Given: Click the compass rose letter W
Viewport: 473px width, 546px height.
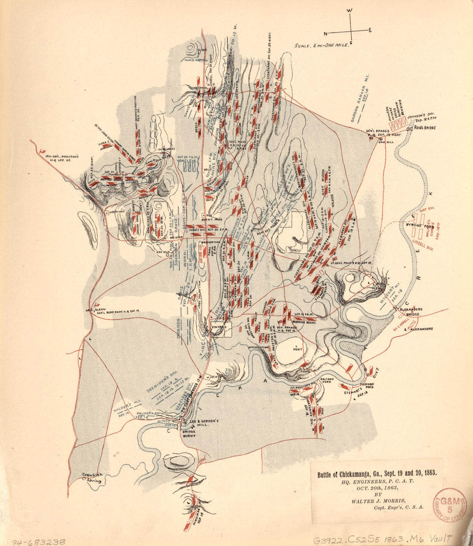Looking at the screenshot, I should point(350,11).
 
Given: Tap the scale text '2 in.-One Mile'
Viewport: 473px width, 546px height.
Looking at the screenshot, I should point(322,45).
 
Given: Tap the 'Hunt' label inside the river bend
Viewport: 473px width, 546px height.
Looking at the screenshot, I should point(297,349).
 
